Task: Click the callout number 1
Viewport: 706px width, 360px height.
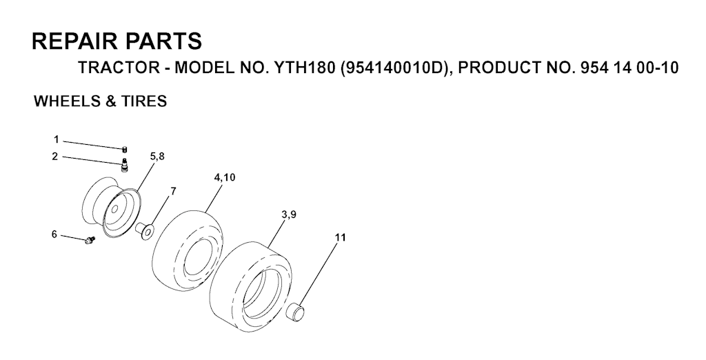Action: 57,140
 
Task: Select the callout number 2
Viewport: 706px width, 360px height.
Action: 55,157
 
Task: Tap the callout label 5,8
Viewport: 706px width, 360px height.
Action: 157,157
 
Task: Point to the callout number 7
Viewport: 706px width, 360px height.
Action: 173,192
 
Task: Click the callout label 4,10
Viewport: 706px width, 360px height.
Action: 224,177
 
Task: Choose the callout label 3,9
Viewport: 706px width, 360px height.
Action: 288,215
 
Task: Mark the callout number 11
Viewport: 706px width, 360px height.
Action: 341,237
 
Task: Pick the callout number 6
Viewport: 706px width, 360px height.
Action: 54,234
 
